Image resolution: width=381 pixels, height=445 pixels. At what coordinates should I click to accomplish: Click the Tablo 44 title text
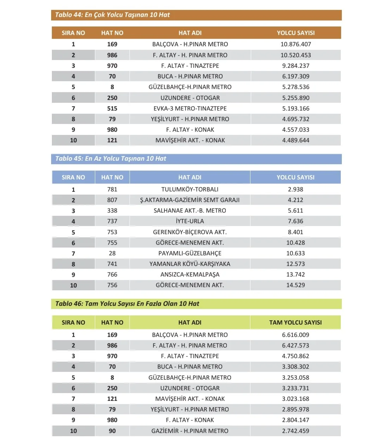pyautogui.click(x=112, y=15)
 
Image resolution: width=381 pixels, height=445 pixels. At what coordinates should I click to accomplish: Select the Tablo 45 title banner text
pyautogui.click(x=110, y=159)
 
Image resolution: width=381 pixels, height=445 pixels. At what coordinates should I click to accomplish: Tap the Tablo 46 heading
pyautogui.click(x=127, y=304)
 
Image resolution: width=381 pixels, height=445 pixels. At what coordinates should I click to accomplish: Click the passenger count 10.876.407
pyautogui.click(x=296, y=44)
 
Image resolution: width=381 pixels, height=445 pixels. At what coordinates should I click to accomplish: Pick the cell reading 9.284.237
pyautogui.click(x=296, y=66)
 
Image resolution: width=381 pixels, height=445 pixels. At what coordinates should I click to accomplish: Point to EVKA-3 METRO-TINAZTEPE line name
pyautogui.click(x=190, y=108)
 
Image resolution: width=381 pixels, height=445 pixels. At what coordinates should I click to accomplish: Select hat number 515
pyautogui.click(x=112, y=108)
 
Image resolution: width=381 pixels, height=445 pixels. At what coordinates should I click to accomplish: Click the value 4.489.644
pyautogui.click(x=296, y=140)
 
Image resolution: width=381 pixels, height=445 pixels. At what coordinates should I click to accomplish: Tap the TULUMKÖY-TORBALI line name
pyautogui.click(x=190, y=189)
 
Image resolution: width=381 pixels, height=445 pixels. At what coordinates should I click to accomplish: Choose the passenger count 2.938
pyautogui.click(x=296, y=189)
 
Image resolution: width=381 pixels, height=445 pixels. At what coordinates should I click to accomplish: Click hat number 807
pyautogui.click(x=112, y=200)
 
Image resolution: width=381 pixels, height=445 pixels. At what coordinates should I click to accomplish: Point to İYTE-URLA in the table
pyautogui.click(x=190, y=221)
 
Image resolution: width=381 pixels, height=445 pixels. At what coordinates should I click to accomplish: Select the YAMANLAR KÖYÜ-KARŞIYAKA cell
pyautogui.click(x=190, y=264)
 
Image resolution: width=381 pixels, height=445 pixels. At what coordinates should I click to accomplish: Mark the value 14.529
pyautogui.click(x=296, y=285)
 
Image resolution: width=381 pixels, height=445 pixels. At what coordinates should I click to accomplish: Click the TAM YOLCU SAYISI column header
pyautogui.click(x=295, y=322)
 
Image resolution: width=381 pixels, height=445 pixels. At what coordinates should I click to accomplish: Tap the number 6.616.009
pyautogui.click(x=296, y=335)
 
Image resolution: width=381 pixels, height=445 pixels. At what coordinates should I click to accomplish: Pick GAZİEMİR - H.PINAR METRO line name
pyautogui.click(x=190, y=431)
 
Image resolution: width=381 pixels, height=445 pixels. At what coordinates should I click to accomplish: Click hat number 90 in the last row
pyautogui.click(x=112, y=431)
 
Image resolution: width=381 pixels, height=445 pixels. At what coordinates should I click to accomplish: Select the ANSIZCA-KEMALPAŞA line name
pyautogui.click(x=190, y=274)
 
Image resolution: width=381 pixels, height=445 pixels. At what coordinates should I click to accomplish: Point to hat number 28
pyautogui.click(x=112, y=253)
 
